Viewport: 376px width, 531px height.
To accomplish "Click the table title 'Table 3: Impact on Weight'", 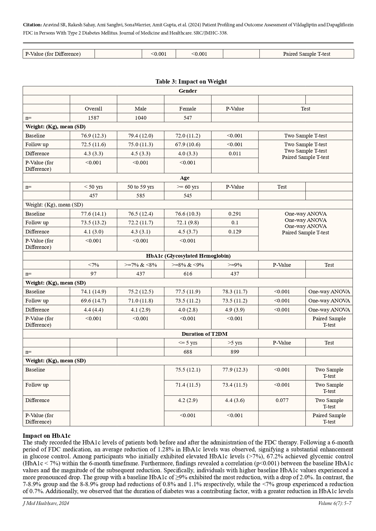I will (x=191, y=81).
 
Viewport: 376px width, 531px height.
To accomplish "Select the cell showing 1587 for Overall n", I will (x=93, y=118).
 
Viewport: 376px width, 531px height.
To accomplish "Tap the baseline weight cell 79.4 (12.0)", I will (x=141, y=136).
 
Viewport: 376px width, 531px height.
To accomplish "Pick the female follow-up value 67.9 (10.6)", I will (x=188, y=144).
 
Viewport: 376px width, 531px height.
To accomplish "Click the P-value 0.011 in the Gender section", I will (x=235, y=153).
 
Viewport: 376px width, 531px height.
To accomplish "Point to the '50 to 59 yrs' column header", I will (x=141, y=187).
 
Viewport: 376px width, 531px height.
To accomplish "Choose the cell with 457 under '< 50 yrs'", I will (x=93, y=196).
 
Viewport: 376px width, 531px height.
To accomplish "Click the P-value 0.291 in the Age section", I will (x=235, y=214).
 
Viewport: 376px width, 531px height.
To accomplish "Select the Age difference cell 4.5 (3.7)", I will (x=188, y=232).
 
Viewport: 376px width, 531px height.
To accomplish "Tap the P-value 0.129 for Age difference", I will (x=235, y=232).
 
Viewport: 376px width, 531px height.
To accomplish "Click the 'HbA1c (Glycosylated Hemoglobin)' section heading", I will (x=188, y=256).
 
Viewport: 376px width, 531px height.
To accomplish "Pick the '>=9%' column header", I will (x=235, y=265).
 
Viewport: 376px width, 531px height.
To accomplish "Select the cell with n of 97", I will (x=93, y=274).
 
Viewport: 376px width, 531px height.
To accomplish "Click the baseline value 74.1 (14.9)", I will (x=93, y=292).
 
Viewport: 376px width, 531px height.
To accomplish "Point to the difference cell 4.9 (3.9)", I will (x=235, y=310).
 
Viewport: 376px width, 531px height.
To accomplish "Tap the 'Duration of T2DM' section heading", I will (x=205, y=334).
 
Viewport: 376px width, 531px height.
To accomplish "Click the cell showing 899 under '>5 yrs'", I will (x=235, y=352).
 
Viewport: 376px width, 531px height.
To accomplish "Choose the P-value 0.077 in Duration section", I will (x=282, y=400).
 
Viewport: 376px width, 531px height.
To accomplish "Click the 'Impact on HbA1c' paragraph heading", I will (x=47, y=436).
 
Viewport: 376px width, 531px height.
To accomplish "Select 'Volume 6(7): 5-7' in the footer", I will (x=334, y=503).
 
